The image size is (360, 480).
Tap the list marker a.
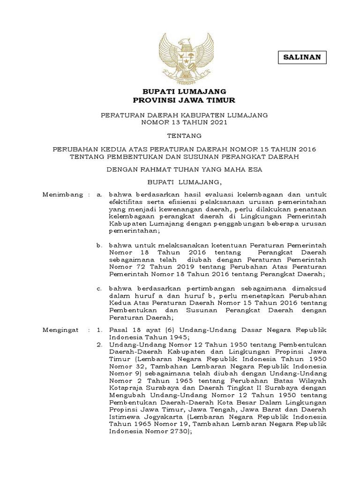coord(99,194)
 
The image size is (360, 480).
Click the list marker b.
coord(99,245)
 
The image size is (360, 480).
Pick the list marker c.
coord(99,288)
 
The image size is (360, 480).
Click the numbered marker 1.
coord(99,330)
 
